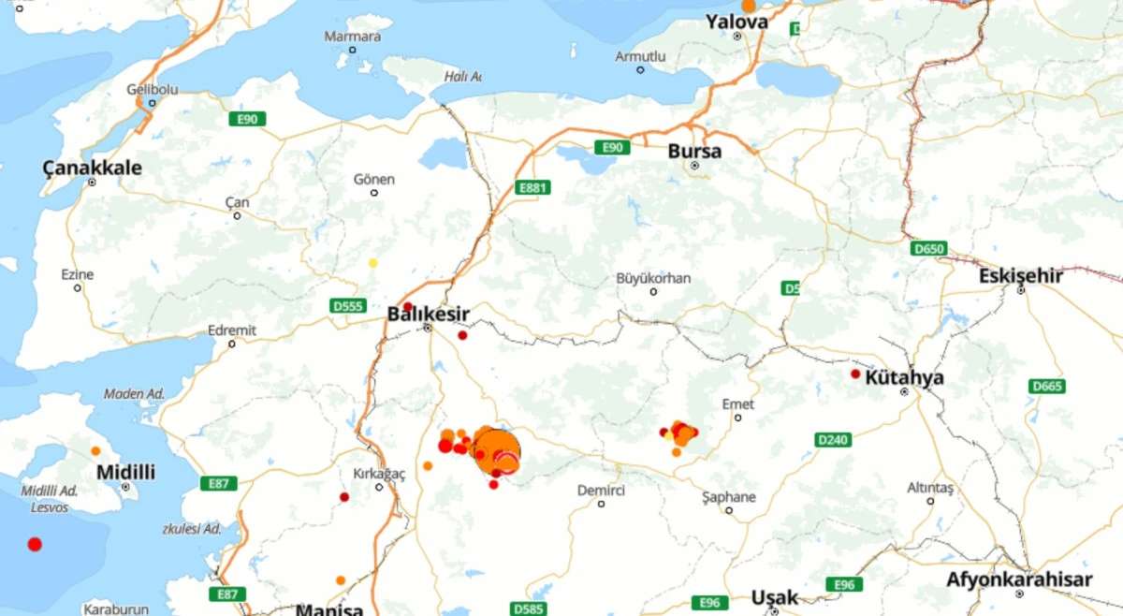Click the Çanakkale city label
(x=93, y=169)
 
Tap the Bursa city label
(x=694, y=151)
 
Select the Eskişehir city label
(x=1021, y=276)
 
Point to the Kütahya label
(x=904, y=378)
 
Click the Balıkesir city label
(x=428, y=315)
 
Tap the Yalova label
(x=737, y=22)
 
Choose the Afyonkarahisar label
(x=1019, y=579)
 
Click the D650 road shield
(x=928, y=248)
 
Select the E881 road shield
(x=532, y=188)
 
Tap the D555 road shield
(x=347, y=305)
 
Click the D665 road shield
(x=1046, y=386)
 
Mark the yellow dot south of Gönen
(x=372, y=263)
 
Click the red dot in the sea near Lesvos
(x=35, y=544)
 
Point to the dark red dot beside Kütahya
(x=854, y=374)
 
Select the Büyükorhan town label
(x=653, y=279)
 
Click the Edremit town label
(x=232, y=330)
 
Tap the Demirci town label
(x=601, y=491)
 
